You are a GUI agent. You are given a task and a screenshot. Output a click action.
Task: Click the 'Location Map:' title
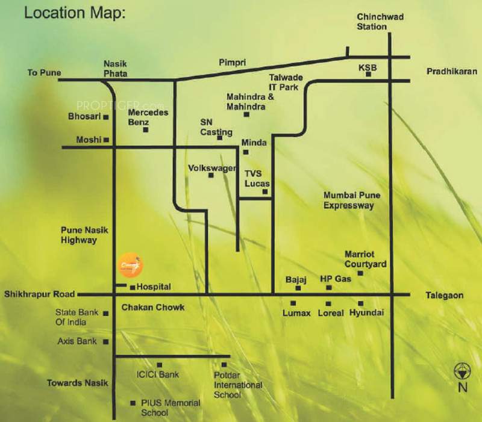75,13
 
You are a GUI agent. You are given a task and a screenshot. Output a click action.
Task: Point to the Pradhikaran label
452,70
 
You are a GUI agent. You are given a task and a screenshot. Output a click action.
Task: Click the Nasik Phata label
115,67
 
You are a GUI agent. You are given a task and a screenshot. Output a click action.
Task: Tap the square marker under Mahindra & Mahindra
246,114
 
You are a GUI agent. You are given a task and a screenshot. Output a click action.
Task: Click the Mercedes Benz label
148,117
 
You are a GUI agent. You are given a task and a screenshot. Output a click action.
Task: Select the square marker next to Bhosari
106,117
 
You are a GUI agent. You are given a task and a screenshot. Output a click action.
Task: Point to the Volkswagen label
211,168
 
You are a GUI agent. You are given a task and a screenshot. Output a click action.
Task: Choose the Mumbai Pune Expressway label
349,200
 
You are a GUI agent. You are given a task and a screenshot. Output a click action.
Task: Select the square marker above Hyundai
361,303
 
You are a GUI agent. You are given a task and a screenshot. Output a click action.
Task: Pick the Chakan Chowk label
152,308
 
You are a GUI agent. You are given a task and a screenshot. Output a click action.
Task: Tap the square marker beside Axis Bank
106,341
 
